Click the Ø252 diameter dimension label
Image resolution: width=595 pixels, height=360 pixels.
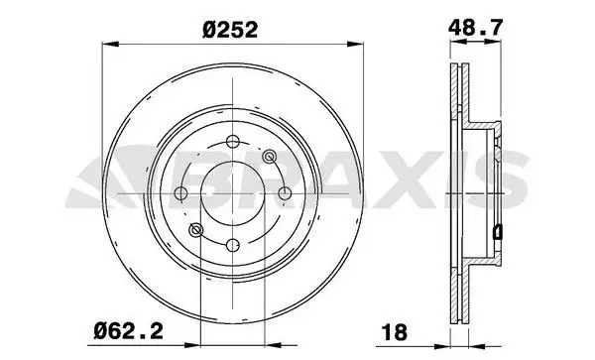(230, 29)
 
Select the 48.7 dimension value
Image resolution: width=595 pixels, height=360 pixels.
(475, 28)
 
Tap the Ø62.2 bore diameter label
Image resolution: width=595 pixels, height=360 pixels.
(129, 331)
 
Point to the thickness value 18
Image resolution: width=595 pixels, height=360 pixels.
(395, 332)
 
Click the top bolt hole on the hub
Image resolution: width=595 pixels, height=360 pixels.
(232, 142)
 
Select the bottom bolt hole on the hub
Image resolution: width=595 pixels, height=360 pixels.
(233, 245)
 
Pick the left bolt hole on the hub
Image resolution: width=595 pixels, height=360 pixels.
(181, 193)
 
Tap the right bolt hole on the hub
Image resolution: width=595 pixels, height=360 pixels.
(285, 193)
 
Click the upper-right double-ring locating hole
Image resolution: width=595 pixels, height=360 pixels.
(269, 156)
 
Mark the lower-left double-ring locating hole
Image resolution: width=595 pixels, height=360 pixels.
(195, 230)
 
